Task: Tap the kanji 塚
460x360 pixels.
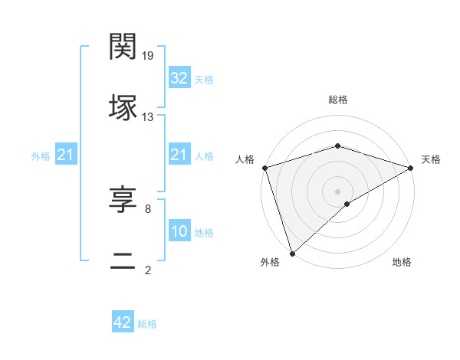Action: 123,107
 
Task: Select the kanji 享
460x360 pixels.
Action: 123,200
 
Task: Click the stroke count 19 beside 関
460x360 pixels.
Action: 149,55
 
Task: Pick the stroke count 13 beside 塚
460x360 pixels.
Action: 148,116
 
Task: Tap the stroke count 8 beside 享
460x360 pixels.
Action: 148,208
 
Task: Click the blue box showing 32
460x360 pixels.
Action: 179,78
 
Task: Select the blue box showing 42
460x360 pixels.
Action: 123,323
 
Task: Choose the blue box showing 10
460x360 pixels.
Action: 179,231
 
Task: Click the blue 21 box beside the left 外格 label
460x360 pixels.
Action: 66,155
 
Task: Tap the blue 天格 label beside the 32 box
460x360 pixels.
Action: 204,80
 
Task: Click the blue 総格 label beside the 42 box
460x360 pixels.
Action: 147,324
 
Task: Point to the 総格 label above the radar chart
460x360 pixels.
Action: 337,100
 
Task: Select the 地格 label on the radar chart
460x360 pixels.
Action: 402,262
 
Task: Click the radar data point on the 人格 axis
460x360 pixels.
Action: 264,168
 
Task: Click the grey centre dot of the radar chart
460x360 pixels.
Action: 337,191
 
